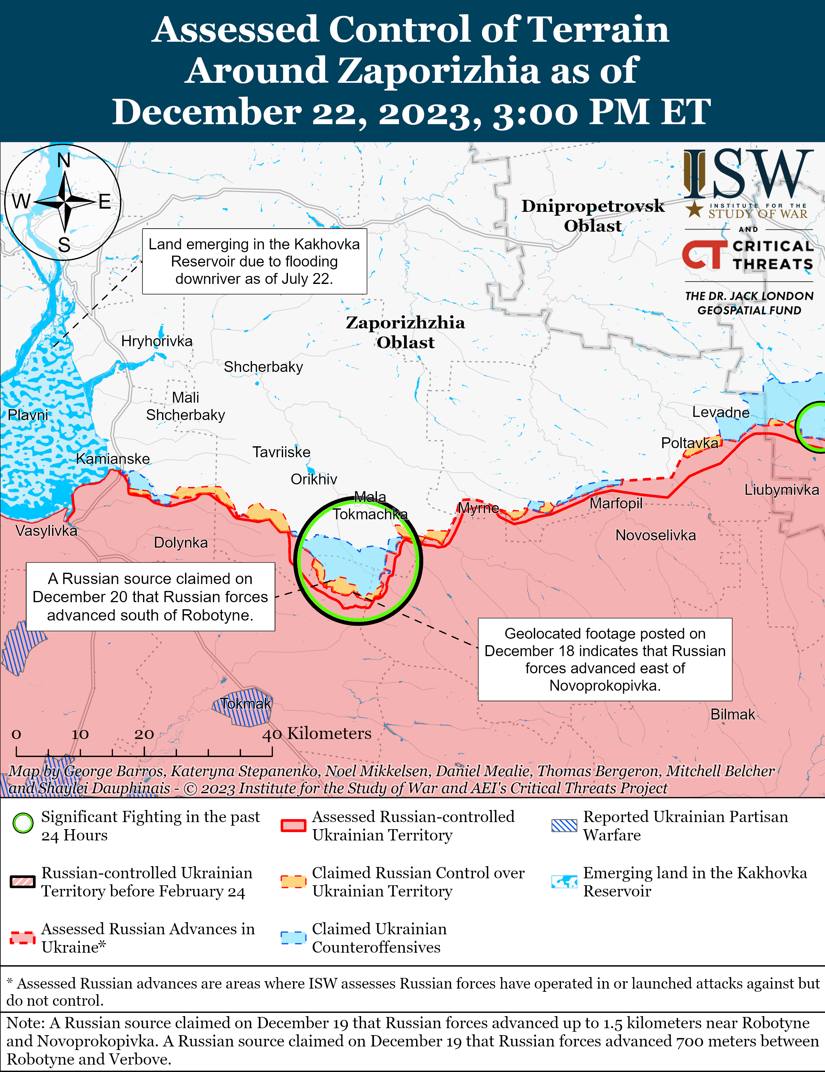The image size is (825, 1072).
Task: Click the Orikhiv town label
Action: coord(314,479)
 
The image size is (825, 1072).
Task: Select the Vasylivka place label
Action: coord(46,531)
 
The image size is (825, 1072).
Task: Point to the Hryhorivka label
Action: coord(157,341)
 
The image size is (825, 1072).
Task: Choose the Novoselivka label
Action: coord(655,535)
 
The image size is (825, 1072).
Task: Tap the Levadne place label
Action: coord(720,412)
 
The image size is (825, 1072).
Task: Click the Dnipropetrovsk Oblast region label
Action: coord(593,215)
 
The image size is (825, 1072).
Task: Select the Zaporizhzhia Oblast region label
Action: coord(405,332)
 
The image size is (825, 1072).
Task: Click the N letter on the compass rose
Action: coord(64,160)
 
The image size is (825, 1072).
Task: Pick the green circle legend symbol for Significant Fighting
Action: coord(23,823)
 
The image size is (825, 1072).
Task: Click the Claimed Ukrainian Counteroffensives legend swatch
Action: coord(293,937)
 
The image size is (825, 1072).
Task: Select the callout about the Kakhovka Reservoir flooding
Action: coord(254,261)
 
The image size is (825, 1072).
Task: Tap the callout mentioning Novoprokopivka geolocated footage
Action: coord(604,659)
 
